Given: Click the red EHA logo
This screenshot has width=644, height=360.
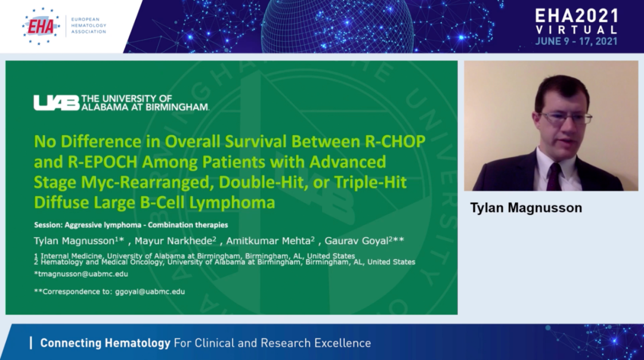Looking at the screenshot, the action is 41,27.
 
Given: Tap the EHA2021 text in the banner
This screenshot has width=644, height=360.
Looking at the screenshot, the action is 577,16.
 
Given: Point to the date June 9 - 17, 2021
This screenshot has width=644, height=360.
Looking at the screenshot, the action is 576,42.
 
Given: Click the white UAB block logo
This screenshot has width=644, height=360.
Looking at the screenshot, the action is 57,103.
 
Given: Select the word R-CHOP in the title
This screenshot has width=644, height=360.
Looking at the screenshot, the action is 395,141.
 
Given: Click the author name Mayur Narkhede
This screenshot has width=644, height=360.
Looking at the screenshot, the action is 175,241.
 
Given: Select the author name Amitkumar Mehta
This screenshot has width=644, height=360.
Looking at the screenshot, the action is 270,241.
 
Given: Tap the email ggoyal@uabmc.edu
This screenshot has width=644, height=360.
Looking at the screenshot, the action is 150,291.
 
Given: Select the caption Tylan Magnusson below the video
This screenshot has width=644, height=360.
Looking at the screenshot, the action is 526,207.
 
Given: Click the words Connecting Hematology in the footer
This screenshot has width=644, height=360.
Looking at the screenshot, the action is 105,343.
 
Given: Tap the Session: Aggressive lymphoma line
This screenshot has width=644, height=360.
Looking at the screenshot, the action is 131,225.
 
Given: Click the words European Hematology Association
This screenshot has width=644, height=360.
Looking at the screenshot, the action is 89,26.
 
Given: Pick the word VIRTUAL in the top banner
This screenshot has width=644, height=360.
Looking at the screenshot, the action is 577,30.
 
